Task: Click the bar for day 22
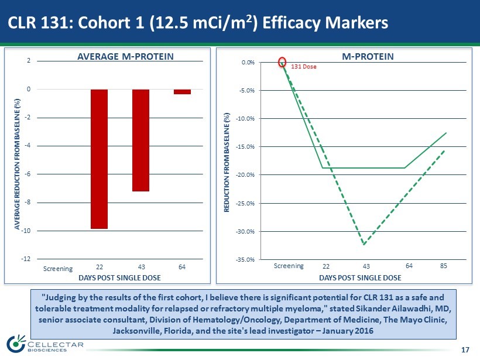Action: click(99, 159)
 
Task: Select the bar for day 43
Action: click(140, 140)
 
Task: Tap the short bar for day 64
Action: click(182, 91)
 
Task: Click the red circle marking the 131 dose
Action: click(282, 62)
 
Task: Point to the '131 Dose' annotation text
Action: click(304, 67)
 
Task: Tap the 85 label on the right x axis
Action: click(444, 266)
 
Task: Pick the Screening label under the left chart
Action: click(59, 269)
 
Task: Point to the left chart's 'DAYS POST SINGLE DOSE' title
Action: click(119, 277)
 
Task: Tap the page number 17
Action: click(465, 350)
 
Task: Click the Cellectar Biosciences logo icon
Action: click(16, 344)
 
